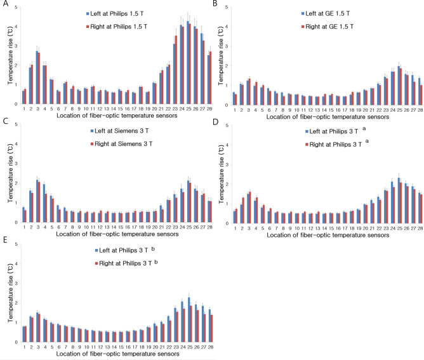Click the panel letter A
(x=4, y=4)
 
